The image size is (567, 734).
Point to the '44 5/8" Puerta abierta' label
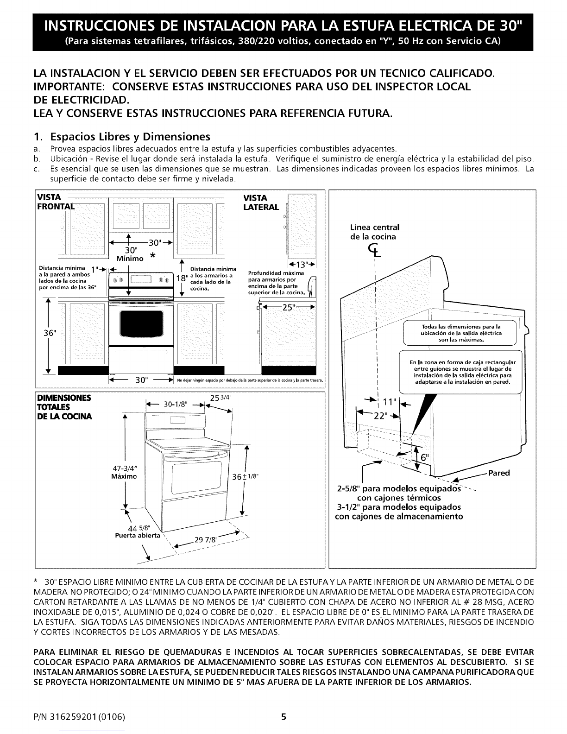(137, 532)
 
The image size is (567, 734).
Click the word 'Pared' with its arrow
(498, 473)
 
